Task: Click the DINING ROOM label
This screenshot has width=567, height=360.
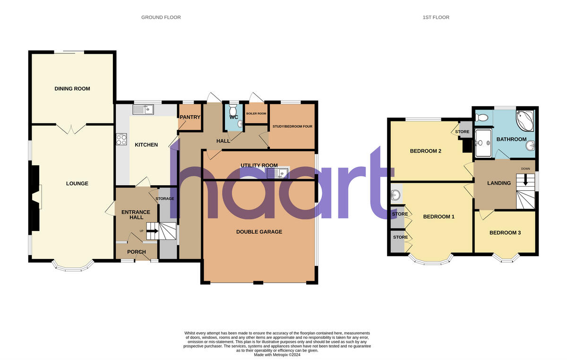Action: (72, 89)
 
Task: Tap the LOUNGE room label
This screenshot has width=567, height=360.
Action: (77, 183)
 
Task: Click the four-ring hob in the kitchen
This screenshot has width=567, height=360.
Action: (121, 139)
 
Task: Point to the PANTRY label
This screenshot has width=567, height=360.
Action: (190, 117)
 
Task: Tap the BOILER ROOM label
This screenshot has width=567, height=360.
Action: (256, 114)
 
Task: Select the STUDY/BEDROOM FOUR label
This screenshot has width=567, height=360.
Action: (292, 126)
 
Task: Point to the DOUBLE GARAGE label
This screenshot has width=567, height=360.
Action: (259, 231)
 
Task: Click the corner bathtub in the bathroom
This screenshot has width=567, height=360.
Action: (526, 121)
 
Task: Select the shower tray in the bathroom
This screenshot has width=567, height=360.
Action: (483, 142)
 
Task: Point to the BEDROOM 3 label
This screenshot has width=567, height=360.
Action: (505, 232)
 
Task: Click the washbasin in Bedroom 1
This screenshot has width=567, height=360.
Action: (396, 194)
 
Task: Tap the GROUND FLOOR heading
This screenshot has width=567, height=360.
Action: (161, 17)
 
